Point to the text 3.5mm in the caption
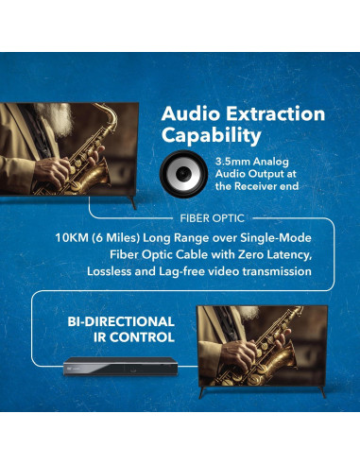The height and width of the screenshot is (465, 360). pos(231,163)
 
